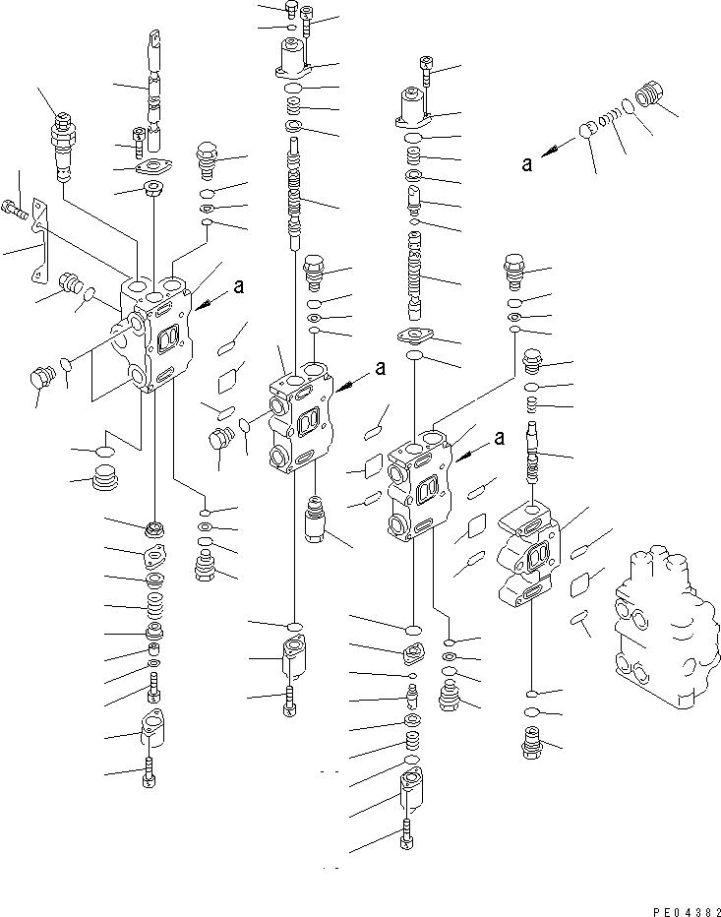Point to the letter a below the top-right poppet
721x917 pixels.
528,164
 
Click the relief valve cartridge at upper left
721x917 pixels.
61,146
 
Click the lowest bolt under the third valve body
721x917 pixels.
408,835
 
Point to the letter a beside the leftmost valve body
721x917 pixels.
237,287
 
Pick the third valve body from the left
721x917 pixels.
421,487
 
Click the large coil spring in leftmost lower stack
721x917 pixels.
154,601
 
